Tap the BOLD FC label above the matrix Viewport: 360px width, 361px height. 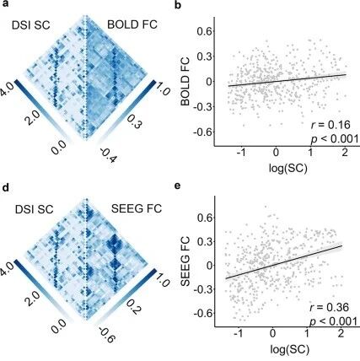pyautogui.click(x=132, y=25)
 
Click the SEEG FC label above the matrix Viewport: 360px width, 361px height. pyautogui.click(x=137, y=208)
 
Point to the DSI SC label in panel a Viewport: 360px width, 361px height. pyautogui.click(x=31, y=25)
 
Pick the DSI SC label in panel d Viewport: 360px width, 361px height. pyautogui.click(x=35, y=209)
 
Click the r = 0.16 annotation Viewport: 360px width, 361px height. pyautogui.click(x=330, y=125)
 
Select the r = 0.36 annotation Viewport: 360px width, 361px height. pyautogui.click(x=330, y=307)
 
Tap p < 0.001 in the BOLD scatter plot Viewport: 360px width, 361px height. pyautogui.click(x=334, y=139)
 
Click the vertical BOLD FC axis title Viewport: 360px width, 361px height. pyautogui.click(x=185, y=82)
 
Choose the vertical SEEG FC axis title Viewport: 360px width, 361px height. pyautogui.click(x=186, y=262)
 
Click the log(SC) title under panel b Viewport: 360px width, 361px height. pyautogui.click(x=287, y=168)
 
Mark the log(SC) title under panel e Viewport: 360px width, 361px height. pyautogui.click(x=290, y=349)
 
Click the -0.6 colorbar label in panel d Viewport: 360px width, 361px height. pyautogui.click(x=105, y=335)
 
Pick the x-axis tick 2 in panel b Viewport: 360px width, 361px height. pyautogui.click(x=345, y=153)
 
